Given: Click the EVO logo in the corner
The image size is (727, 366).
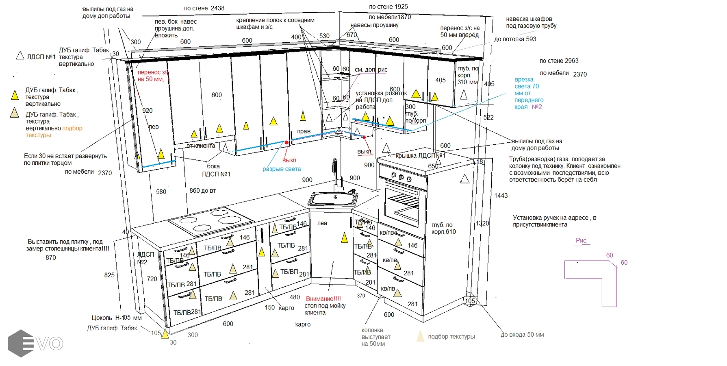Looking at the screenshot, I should click(35, 344).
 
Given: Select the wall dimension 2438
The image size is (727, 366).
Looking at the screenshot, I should click(217, 8).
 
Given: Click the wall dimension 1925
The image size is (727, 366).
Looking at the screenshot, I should click(401, 7).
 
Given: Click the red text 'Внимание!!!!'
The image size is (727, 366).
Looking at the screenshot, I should click(323, 299).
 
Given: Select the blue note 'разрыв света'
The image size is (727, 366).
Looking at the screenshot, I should click(282, 169).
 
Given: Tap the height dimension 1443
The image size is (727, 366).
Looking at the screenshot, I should click(501, 196).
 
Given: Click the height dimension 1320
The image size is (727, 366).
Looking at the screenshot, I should click(482, 223).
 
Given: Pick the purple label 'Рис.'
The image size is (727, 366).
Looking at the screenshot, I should click(582, 240).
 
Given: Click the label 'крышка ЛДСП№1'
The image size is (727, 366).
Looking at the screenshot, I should click(420, 156).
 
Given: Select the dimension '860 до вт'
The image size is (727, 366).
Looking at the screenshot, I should click(202, 191).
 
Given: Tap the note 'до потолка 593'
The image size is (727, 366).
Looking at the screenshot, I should click(515, 39).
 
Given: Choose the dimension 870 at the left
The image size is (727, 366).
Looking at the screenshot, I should click(51, 257).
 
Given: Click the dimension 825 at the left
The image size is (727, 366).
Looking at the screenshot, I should click(109, 275).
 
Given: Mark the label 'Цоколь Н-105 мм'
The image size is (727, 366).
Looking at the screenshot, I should click(116, 318).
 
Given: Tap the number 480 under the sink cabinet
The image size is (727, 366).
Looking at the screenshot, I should click(295, 297).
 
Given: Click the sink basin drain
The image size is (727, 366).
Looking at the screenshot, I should click(336, 197).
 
